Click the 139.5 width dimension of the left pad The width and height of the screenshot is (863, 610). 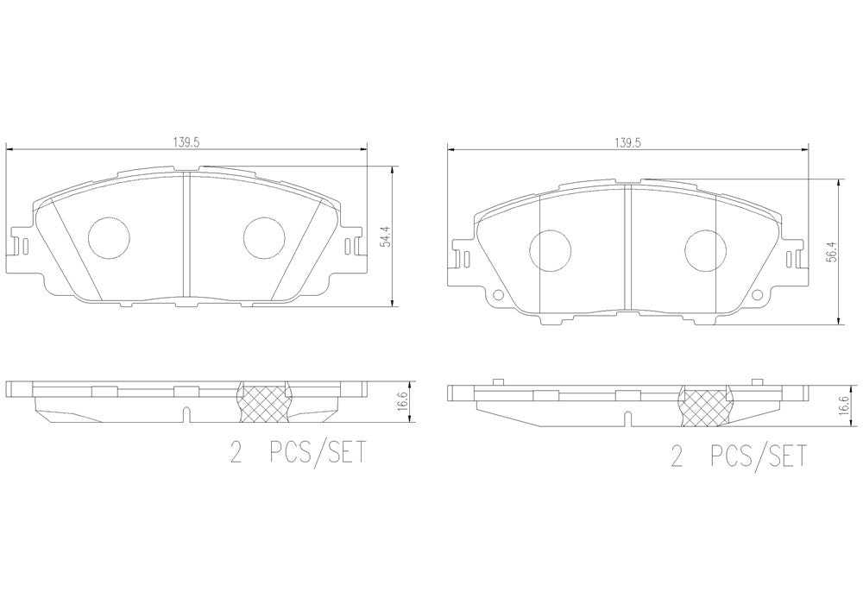coord(186,141)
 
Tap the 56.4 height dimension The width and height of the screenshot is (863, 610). coord(833,251)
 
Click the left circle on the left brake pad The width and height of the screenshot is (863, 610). coord(109,238)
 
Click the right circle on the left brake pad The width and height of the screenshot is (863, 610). coord(265,238)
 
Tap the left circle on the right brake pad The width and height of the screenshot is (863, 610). coord(551,250)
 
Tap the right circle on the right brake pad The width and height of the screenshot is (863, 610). coord(706,250)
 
